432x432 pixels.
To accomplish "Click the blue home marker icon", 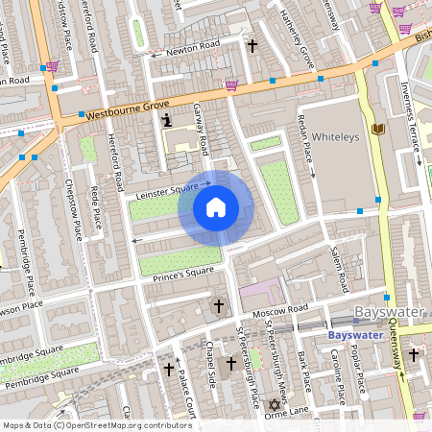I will [x=216, y=207].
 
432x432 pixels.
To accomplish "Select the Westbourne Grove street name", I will [x=127, y=108].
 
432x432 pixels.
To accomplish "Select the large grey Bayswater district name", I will [x=392, y=313].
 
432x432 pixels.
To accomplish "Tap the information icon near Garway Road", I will [x=167, y=120].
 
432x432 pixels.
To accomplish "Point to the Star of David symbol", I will [x=281, y=405].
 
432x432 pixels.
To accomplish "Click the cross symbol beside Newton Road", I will [x=252, y=45].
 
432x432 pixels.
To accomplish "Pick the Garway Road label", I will [x=201, y=130].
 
